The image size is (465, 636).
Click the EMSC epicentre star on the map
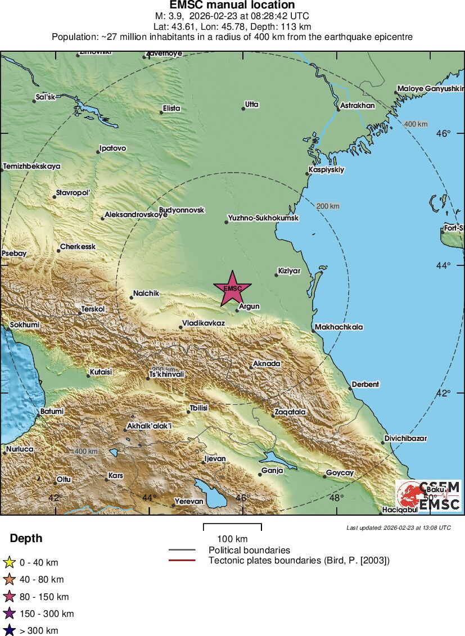[x=232, y=288]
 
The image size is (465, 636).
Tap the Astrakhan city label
[x=358, y=105]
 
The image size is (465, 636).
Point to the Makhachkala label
[x=339, y=327]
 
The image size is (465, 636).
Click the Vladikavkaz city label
[x=203, y=323]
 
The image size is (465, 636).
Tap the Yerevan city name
[x=189, y=501]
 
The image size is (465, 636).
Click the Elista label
[x=171, y=108]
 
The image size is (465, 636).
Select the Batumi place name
[x=52, y=411]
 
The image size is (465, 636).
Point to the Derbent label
[x=365, y=385]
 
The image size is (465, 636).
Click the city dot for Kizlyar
[x=277, y=274]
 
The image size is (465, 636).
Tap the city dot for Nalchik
[x=131, y=297]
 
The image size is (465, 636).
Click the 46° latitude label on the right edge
[x=445, y=133]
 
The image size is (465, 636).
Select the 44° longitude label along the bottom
[x=149, y=497]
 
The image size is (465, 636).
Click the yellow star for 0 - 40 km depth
[x=9, y=562]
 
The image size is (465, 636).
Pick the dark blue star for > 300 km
[x=9, y=631]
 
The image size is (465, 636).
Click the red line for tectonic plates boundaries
[x=182, y=560]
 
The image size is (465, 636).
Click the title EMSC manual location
[x=232, y=6]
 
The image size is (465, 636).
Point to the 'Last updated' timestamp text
[x=399, y=527]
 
